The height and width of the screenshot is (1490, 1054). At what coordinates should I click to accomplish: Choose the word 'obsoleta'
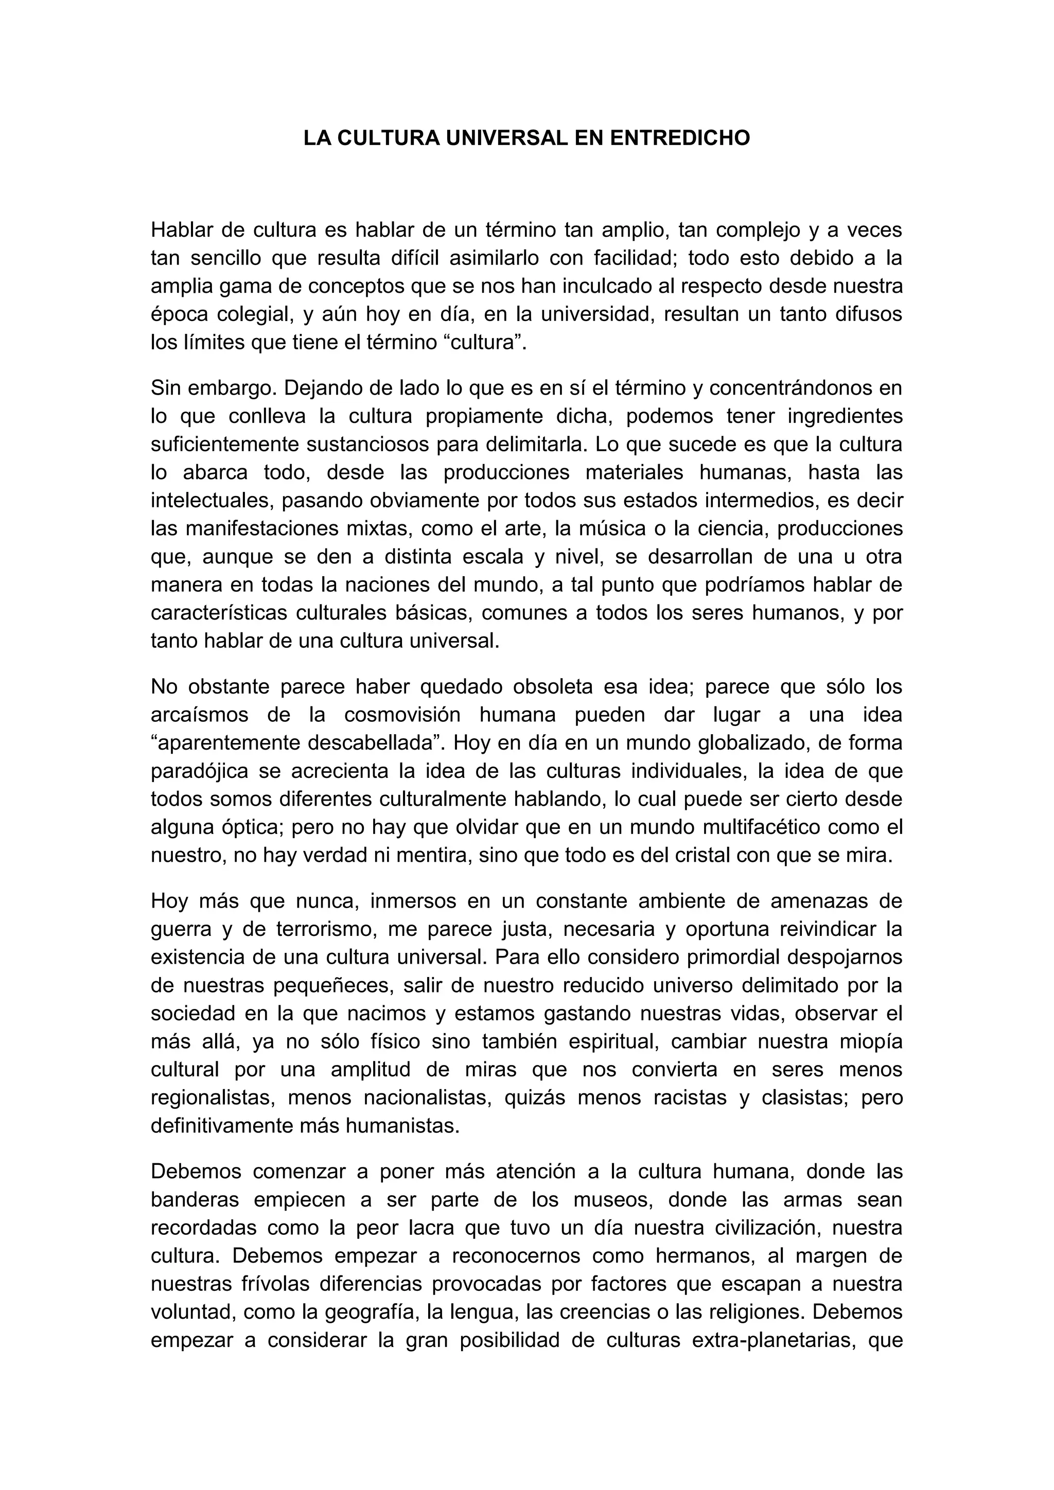(552, 686)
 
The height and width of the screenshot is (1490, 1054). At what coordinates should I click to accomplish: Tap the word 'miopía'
(870, 1041)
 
